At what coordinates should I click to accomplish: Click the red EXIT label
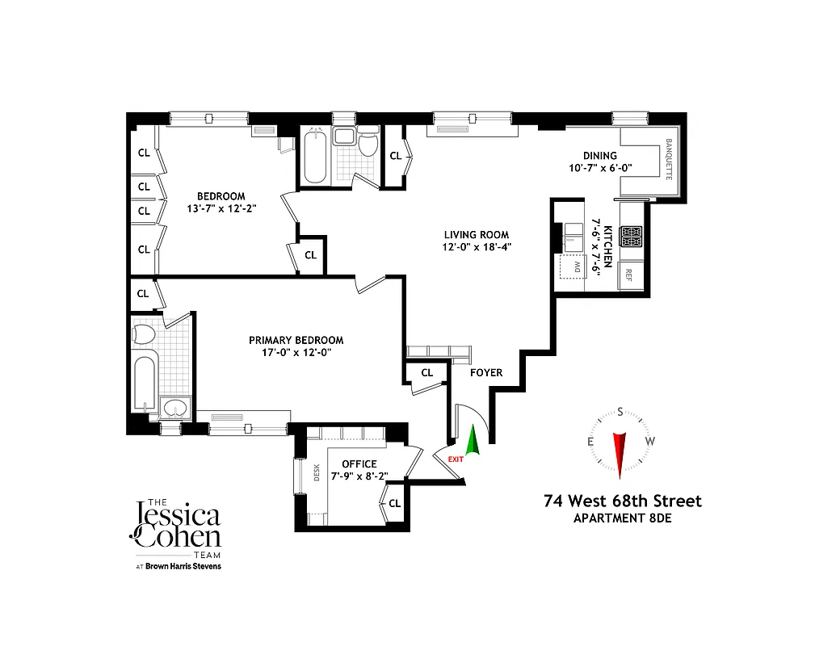pyautogui.click(x=456, y=459)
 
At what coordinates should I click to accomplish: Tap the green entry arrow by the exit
pyautogui.click(x=473, y=443)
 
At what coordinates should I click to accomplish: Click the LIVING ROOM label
pyautogui.click(x=476, y=235)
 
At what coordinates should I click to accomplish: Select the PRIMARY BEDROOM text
pyautogui.click(x=296, y=341)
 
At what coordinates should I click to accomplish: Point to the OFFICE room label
pyautogui.click(x=359, y=464)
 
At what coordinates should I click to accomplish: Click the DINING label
pyautogui.click(x=599, y=156)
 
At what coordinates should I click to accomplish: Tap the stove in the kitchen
pyautogui.click(x=630, y=236)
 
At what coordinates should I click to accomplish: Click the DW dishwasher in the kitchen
pyautogui.click(x=574, y=266)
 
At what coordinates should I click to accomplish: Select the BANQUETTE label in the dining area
pyautogui.click(x=669, y=159)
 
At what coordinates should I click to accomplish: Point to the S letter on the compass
pyautogui.click(x=620, y=412)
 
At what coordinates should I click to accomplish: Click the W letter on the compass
pyautogui.click(x=650, y=441)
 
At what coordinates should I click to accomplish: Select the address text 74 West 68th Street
pyautogui.click(x=623, y=501)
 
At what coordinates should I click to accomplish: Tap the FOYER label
pyautogui.click(x=486, y=372)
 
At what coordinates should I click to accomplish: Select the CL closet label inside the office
pyautogui.click(x=394, y=503)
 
